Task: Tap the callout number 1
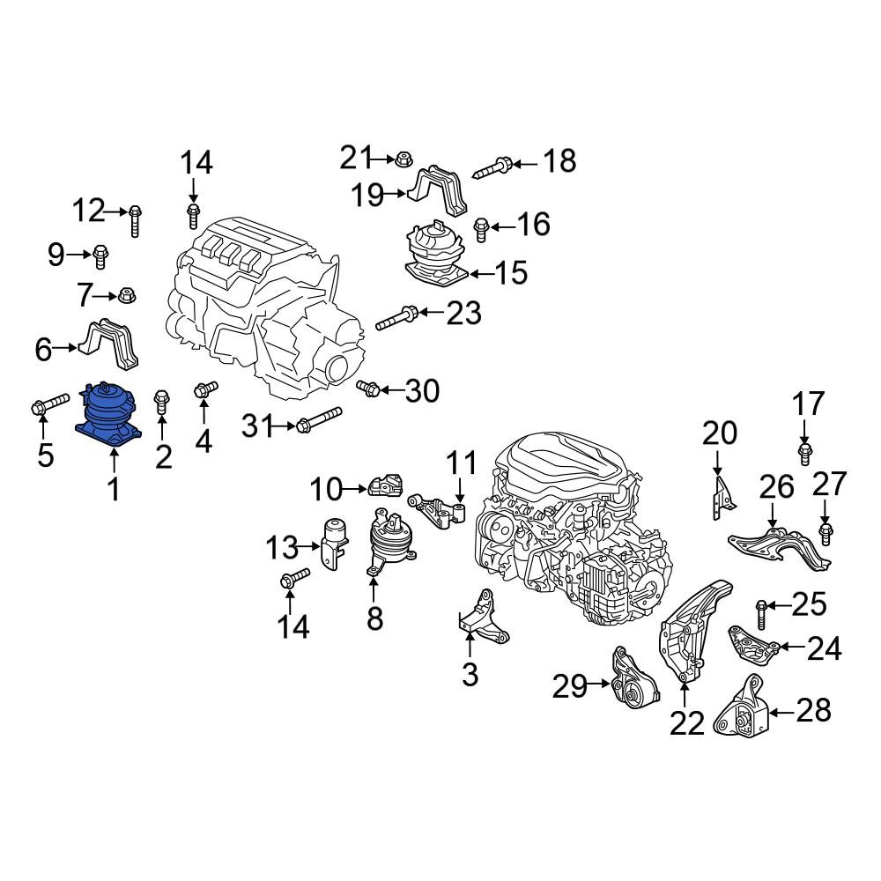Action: pyautogui.click(x=114, y=489)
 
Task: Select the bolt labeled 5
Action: pyautogui.click(x=49, y=405)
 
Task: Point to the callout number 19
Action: pyautogui.click(x=367, y=195)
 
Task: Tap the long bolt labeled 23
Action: pyautogui.click(x=396, y=317)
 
